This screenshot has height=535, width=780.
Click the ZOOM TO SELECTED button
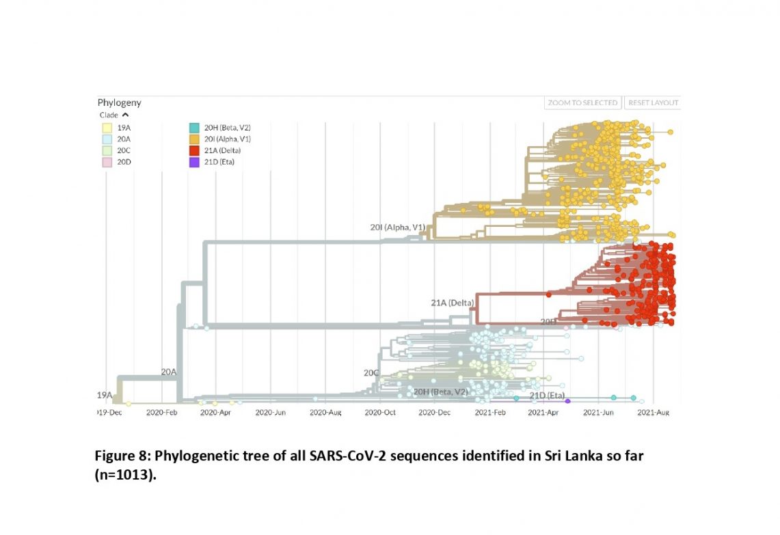tap(583, 102)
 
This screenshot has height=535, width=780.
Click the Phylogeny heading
tap(119, 102)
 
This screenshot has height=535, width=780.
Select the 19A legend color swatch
tap(107, 127)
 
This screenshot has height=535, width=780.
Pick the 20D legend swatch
tap(107, 162)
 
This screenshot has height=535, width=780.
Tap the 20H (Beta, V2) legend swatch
tap(194, 127)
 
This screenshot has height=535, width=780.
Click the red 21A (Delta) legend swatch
tap(194, 150)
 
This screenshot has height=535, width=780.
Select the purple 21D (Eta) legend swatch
tap(194, 162)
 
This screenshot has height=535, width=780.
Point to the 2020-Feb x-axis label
tap(163, 413)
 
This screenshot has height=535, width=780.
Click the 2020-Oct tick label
tap(379, 413)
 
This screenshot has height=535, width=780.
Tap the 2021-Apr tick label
tap(544, 413)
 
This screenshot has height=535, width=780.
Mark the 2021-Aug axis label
tap(653, 413)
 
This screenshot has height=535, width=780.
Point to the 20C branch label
tap(371, 373)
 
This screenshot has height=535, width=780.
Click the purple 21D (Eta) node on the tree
tap(567, 401)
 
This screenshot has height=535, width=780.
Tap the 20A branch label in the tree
tap(169, 372)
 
